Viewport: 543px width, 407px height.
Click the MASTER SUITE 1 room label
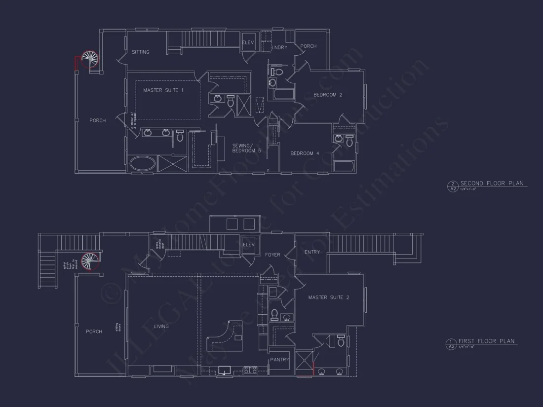tap(163, 90)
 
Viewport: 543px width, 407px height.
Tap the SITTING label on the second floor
tap(141, 52)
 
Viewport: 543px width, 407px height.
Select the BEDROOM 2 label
tap(328, 95)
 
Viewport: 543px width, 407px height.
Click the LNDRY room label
tap(279, 48)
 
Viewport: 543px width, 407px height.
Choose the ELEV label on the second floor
tap(248, 43)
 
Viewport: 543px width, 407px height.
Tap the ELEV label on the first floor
tap(248, 245)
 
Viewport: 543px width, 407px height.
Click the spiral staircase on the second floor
tap(90, 60)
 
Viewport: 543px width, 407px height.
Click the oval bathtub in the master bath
tap(141, 164)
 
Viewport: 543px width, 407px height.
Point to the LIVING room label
tap(161, 327)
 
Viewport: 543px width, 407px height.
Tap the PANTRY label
tap(280, 360)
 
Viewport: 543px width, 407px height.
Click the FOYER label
tap(272, 255)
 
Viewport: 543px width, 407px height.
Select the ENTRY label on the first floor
tap(312, 252)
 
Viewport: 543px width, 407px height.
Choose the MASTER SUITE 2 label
tap(329, 297)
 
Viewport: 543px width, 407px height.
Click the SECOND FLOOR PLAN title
tap(491, 184)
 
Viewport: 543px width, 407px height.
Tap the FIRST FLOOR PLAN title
tap(486, 341)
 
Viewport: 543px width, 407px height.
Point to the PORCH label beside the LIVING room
tap(94, 332)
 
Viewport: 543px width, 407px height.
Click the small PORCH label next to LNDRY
tap(309, 46)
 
